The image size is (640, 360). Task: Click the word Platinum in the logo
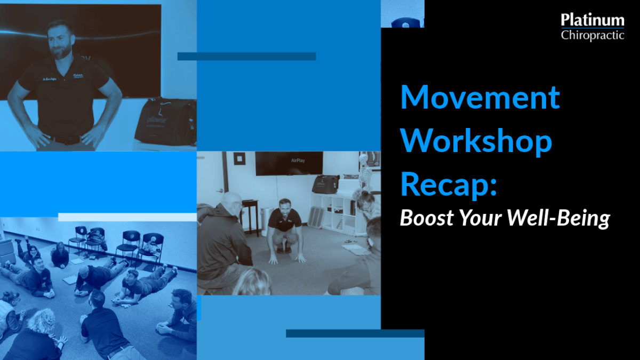[x=593, y=20]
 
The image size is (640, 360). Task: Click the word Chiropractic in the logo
[x=593, y=35]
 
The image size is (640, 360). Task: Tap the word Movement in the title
[x=480, y=97]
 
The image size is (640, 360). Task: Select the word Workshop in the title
[x=476, y=142]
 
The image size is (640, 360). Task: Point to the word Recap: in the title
[x=449, y=185]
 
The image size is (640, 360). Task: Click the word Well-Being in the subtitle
[x=558, y=219]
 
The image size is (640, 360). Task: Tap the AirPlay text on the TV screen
[x=298, y=161]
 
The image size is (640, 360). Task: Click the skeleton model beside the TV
[x=365, y=171]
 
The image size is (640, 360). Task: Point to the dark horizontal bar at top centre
[x=246, y=57]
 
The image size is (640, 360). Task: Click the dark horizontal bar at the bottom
[x=355, y=333]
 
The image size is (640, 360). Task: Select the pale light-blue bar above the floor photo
[x=127, y=217]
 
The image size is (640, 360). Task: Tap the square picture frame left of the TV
[x=239, y=158]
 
